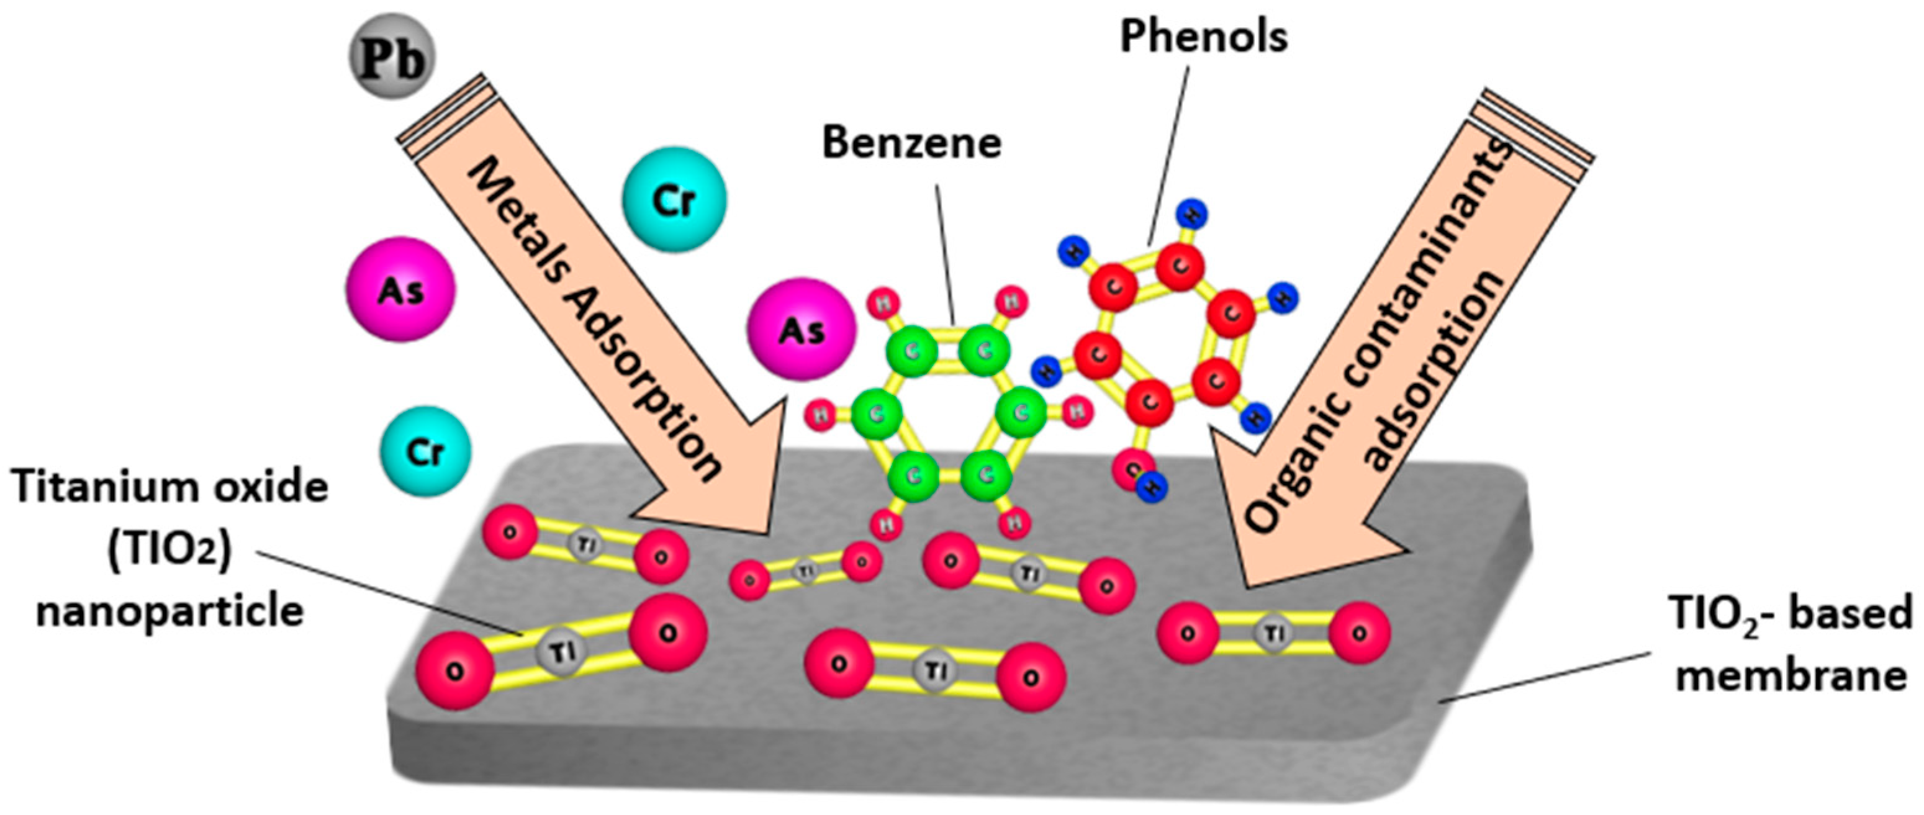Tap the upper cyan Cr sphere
pos(674,199)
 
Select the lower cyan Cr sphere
pos(425,451)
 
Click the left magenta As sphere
pos(400,290)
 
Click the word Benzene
pos(911,143)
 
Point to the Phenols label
pos(1203,36)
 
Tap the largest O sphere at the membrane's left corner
pos(453,670)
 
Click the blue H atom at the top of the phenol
pos(1192,216)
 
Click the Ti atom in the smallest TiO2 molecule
pos(806,572)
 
